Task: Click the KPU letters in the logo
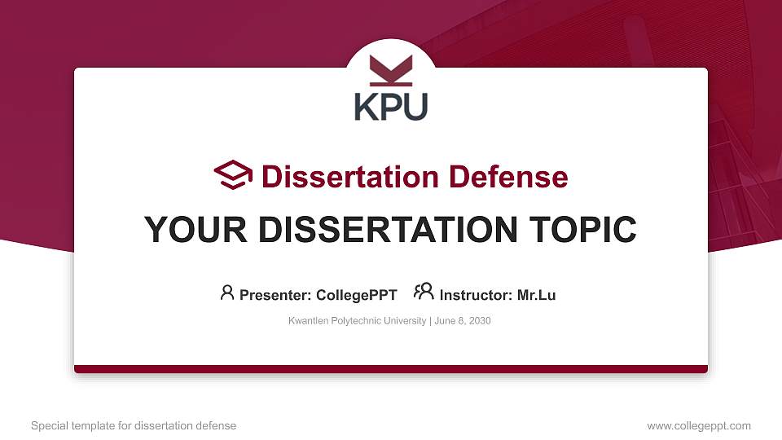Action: (391, 106)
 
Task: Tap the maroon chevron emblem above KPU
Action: (391, 70)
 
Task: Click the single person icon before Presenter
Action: (227, 293)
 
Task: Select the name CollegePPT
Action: (357, 295)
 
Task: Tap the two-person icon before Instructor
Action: (424, 292)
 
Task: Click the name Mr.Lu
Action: (537, 295)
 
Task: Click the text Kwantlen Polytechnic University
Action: (357, 321)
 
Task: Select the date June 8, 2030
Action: (463, 321)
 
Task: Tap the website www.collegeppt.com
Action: (699, 425)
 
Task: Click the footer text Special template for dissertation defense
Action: (134, 425)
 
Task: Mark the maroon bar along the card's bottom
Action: (391, 369)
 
